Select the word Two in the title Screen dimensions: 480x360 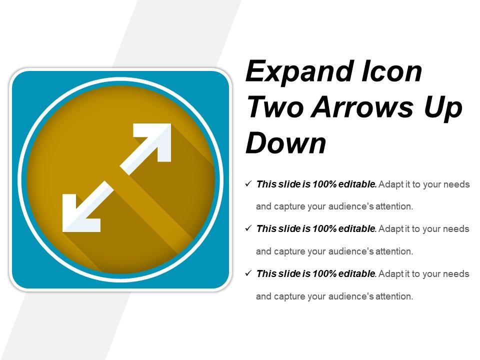click(275, 107)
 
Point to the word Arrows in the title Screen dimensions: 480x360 click(362, 107)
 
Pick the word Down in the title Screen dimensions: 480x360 click(286, 142)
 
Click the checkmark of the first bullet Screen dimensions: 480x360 click(248, 183)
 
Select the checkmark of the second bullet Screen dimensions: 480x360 click(248, 228)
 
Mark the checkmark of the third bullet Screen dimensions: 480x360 click(248, 273)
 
